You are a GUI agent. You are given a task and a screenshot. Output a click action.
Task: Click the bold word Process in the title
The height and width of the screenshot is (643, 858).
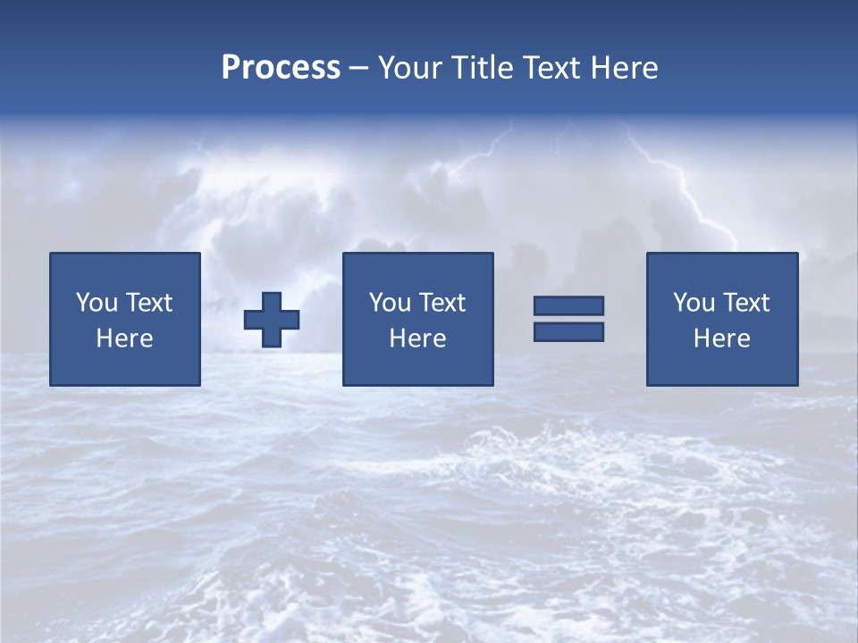pos(281,68)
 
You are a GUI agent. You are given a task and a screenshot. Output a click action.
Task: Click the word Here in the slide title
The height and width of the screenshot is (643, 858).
pos(626,68)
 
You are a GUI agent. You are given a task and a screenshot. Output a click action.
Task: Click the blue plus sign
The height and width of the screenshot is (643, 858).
pos(272,320)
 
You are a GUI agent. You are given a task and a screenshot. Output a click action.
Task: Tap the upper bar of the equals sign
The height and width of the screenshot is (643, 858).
pos(568,305)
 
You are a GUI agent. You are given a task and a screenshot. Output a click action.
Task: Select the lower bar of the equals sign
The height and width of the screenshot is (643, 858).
pos(568,331)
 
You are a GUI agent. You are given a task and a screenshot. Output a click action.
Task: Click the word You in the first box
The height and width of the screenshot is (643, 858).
pos(97,303)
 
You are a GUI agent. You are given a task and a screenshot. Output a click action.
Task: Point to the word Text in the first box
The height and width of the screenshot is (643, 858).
pos(148,303)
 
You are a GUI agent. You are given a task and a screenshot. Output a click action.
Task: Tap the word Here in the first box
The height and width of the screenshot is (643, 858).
pos(125,338)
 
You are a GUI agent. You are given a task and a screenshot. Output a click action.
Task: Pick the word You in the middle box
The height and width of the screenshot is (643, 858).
pos(390,303)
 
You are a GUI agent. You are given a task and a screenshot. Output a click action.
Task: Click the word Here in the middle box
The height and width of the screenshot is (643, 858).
pos(417,338)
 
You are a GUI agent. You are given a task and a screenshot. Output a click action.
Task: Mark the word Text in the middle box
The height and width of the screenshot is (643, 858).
pos(442,303)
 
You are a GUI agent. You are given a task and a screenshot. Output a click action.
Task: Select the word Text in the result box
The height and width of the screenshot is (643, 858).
pos(745,303)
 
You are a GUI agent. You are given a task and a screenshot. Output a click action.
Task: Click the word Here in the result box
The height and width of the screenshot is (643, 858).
pos(722,338)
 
